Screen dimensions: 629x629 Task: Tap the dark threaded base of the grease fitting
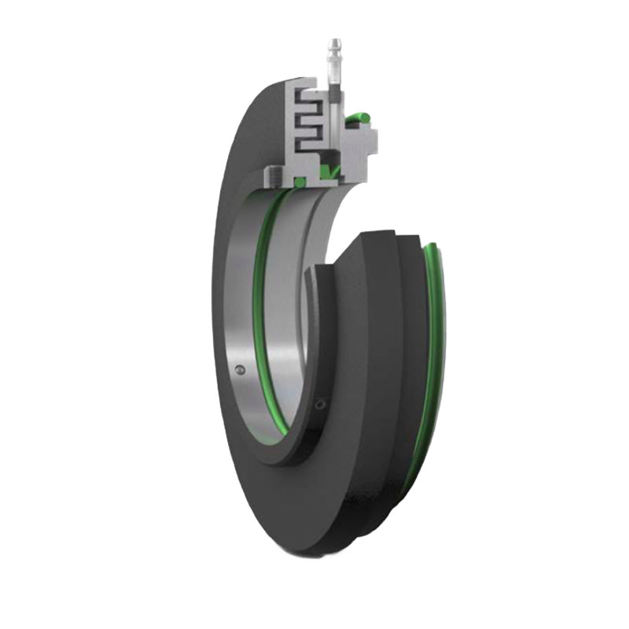tap(334, 94)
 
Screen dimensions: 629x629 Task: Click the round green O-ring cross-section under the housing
tap(300, 182)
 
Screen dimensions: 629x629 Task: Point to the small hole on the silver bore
tap(240, 369)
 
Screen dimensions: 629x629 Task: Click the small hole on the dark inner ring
tap(318, 404)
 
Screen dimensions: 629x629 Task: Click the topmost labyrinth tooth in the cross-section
tap(308, 95)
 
